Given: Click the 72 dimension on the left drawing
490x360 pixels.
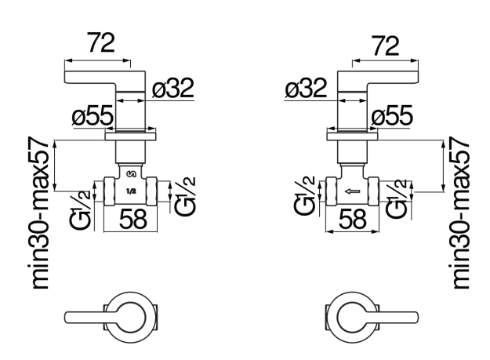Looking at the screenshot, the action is click(x=102, y=43).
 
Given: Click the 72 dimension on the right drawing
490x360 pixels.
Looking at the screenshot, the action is click(x=386, y=46).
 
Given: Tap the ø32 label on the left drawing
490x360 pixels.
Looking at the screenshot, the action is click(x=173, y=88).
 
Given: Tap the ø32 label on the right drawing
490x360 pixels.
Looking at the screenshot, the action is click(x=306, y=88).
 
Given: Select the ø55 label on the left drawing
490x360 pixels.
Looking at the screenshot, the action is click(x=93, y=115).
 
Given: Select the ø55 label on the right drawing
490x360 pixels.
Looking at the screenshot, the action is click(x=392, y=115).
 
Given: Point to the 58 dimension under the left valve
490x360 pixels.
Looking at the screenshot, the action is click(x=132, y=219).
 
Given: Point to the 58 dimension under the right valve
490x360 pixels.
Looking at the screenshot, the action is click(x=353, y=219).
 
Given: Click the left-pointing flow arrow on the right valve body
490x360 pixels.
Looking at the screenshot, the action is click(x=352, y=191).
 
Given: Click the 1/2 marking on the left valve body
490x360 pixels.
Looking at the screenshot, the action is click(x=131, y=191).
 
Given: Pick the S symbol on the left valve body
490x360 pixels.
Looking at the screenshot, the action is click(x=131, y=174).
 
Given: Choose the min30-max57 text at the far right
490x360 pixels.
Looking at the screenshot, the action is click(x=460, y=213).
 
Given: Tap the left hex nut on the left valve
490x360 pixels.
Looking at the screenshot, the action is click(x=109, y=191).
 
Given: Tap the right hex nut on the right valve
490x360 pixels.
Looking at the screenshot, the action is click(x=373, y=191).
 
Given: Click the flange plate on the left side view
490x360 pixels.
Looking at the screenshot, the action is click(x=131, y=136).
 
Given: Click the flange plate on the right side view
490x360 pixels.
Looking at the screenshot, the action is click(x=352, y=136).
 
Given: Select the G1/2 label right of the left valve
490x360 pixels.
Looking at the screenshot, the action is click(x=185, y=196).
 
